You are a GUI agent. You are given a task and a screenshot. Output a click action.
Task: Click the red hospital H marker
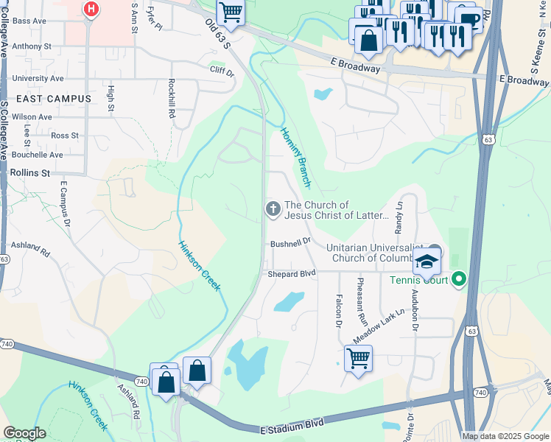pyautogui.click(x=91, y=10)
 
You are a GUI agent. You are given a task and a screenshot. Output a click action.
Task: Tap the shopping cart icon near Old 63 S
pyautogui.click(x=231, y=13)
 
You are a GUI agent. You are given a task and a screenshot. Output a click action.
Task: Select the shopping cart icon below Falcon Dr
pyautogui.click(x=358, y=359)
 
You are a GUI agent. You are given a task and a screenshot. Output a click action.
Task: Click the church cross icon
pyautogui.click(x=273, y=210)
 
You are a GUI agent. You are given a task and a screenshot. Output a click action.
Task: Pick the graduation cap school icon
pyautogui.click(x=427, y=262)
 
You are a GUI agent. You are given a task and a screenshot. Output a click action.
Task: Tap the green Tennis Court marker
pyautogui.click(x=459, y=279)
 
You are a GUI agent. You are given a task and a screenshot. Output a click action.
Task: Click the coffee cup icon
pyautogui.click(x=468, y=18)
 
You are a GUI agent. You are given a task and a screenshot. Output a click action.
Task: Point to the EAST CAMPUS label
pyautogui.click(x=51, y=99)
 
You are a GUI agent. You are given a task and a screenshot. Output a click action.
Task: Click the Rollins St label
pyautogui.click(x=30, y=172)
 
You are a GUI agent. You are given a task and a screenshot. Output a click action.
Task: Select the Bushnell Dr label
pyautogui.click(x=290, y=242)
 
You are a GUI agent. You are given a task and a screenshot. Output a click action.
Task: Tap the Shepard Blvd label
pyautogui.click(x=292, y=273)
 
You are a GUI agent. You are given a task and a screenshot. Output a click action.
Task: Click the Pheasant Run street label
pyautogui.click(x=361, y=302)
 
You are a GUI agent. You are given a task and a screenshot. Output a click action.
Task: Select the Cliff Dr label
pyautogui.click(x=221, y=73)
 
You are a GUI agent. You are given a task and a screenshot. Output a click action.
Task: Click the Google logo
pyautogui.click(x=24, y=433)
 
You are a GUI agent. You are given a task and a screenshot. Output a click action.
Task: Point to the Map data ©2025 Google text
pyautogui.click(x=505, y=436)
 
